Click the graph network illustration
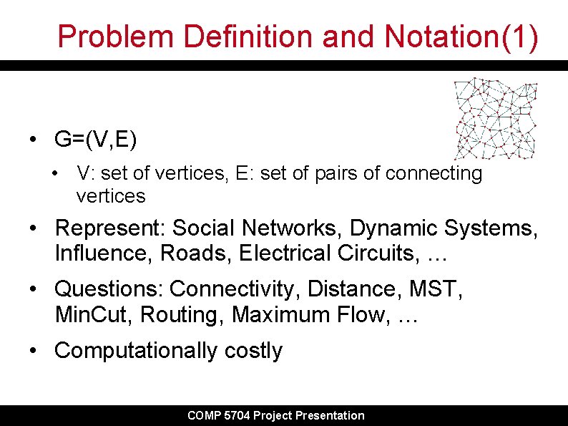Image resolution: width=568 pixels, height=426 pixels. pyautogui.click(x=495, y=118)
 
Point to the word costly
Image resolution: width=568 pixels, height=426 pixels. pyautogui.click(x=253, y=350)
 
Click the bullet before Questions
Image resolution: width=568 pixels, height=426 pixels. pyautogui.click(x=34, y=289)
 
